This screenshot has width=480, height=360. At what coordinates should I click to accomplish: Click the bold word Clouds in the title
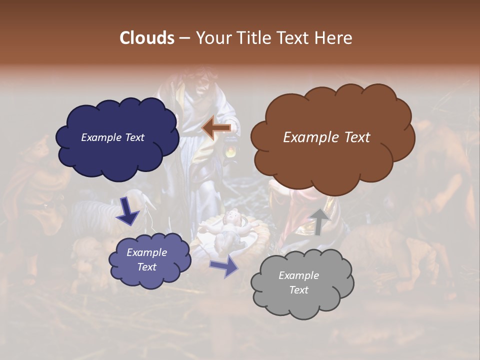[146, 38]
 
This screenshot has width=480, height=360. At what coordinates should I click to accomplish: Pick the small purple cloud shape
[150, 277]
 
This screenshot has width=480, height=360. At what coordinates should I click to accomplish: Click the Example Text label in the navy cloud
[112, 137]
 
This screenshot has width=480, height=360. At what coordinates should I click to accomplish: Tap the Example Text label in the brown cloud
[326, 137]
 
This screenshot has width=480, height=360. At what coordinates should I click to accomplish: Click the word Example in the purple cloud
[146, 252]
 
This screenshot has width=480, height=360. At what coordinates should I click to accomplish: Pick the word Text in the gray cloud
[298, 290]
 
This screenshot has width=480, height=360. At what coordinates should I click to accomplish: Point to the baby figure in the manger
[231, 227]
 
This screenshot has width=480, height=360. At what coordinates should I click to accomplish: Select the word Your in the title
[212, 38]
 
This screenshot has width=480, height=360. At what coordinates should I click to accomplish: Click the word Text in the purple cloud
[146, 267]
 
